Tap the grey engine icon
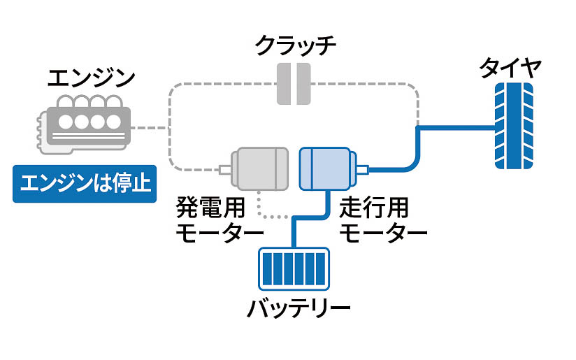[x=82, y=126]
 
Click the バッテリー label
[x=298, y=308]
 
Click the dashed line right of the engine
[x=150, y=129]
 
